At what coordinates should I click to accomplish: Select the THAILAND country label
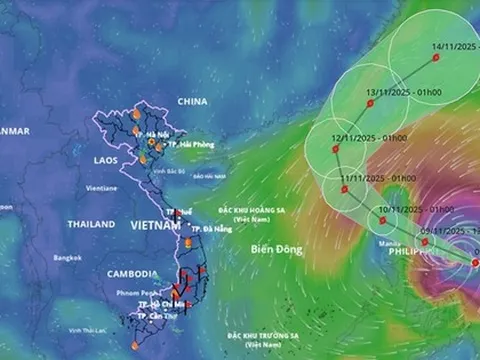coord(91,224)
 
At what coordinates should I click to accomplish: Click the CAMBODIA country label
coord(132,274)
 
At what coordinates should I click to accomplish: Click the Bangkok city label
coord(68,257)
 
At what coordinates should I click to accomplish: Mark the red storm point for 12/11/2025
coord(336,148)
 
